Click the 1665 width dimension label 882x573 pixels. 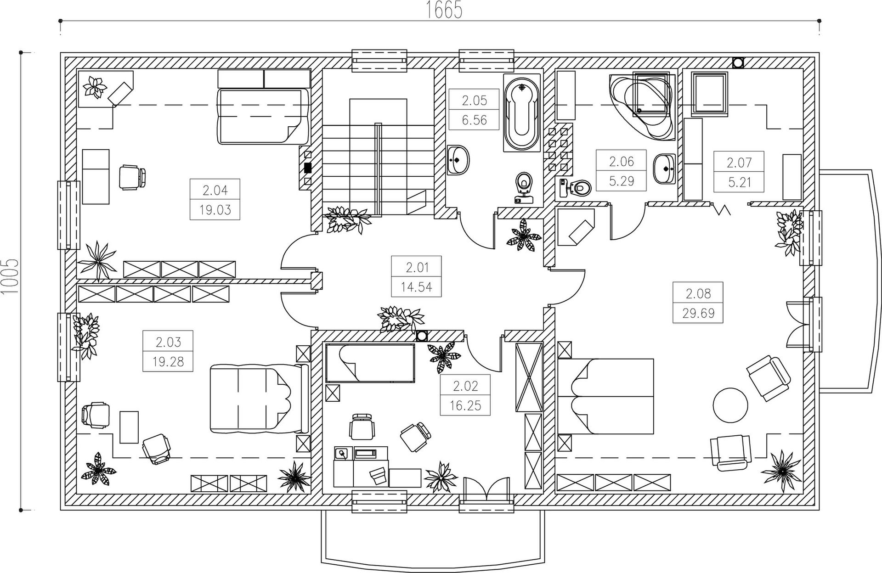click(x=444, y=10)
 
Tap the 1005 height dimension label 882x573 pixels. click(x=10, y=276)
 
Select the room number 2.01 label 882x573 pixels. click(x=417, y=267)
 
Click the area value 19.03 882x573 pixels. click(x=215, y=210)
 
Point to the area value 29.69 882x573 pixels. click(x=698, y=313)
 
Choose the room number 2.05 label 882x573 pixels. click(x=474, y=100)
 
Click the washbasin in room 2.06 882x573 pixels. click(x=664, y=169)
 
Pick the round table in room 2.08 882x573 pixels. click(x=730, y=405)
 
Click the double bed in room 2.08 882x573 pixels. click(x=605, y=396)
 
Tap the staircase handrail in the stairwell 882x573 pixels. click(x=379, y=169)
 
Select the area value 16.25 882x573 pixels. click(x=465, y=406)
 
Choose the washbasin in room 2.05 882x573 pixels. click(x=458, y=160)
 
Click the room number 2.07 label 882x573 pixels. click(x=739, y=163)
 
